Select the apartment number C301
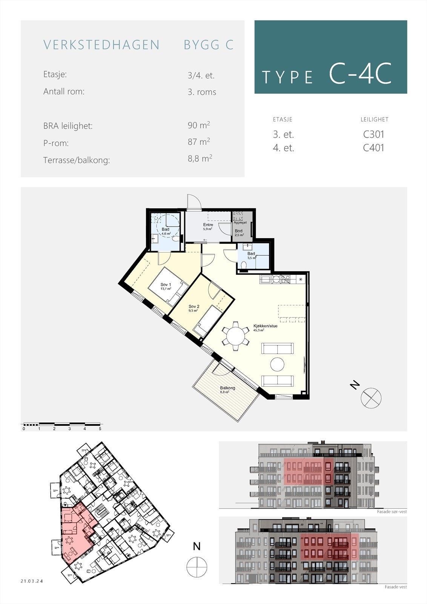[373, 134]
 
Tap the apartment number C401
[373, 148]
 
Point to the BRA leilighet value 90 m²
[199, 125]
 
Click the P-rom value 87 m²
[199, 142]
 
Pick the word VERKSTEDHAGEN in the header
[101, 45]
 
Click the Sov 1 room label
[166, 285]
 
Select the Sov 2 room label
[194, 306]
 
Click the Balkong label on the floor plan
[227, 388]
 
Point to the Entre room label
[208, 225]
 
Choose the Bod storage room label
[239, 231]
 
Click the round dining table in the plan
[236, 334]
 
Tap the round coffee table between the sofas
[278, 365]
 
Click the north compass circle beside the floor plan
[371, 398]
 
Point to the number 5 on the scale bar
[100, 429]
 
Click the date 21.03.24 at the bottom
[32, 581]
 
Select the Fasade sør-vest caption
[392, 512]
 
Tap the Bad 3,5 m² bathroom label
[251, 254]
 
